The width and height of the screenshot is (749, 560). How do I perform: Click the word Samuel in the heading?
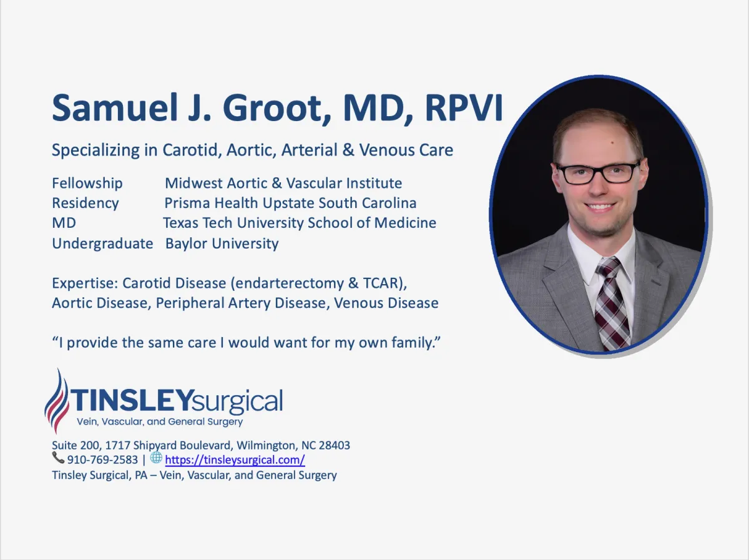coord(115,107)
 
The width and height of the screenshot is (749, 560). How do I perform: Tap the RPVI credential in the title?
coord(464,107)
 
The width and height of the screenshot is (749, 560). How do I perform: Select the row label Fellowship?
coord(87,184)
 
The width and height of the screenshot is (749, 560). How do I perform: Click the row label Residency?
coord(86,204)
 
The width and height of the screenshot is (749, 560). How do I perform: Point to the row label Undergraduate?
coord(102,243)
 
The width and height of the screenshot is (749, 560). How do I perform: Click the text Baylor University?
coord(222,243)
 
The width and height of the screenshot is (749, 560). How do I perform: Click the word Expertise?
coord(85,283)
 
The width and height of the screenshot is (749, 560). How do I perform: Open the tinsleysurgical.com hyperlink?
coord(235,460)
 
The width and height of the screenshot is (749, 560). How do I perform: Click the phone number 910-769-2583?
coord(102,460)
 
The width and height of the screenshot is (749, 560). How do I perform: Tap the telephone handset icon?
coord(58,458)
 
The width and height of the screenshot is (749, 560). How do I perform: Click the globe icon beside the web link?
coord(156,458)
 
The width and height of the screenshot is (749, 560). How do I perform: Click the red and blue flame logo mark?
coord(57,401)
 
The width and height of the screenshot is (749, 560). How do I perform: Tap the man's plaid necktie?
coord(612,303)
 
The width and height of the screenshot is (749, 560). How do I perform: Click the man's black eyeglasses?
coord(598,172)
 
